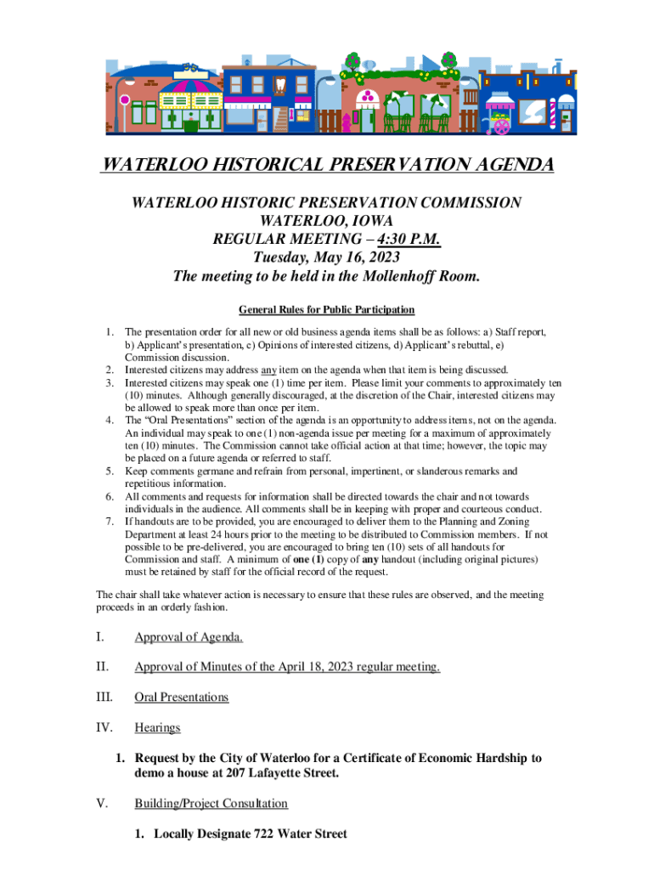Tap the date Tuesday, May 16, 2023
[326, 257]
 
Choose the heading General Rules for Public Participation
[326, 309]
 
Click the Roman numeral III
[104, 698]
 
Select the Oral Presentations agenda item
[182, 698]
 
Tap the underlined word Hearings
[157, 728]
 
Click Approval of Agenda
[189, 636]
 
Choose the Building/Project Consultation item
[211, 804]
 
